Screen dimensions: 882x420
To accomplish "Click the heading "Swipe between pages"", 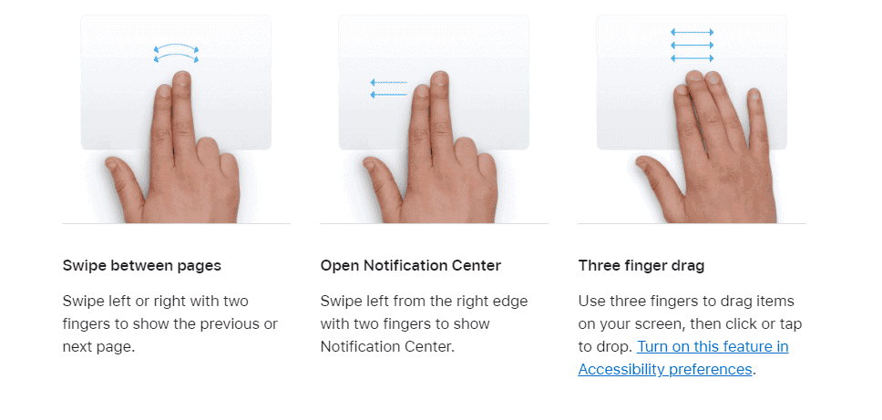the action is click(x=142, y=265).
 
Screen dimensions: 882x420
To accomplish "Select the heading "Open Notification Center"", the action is click(x=411, y=265).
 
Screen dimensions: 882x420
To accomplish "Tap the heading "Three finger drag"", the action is click(x=641, y=265).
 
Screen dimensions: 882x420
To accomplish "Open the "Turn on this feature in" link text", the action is click(x=713, y=346).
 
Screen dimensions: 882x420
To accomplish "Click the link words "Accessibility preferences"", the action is click(x=665, y=369).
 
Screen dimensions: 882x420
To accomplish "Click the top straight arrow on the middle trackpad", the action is click(x=388, y=83).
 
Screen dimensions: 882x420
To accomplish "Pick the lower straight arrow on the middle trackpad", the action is click(x=388, y=95).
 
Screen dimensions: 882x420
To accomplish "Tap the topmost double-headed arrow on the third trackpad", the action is click(x=692, y=33).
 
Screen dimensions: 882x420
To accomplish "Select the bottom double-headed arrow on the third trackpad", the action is click(x=692, y=58).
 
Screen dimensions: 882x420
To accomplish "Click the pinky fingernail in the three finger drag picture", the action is click(x=754, y=97).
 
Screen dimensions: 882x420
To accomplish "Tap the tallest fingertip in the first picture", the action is click(x=181, y=77).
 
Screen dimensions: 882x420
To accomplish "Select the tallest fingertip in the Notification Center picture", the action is click(x=440, y=77).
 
